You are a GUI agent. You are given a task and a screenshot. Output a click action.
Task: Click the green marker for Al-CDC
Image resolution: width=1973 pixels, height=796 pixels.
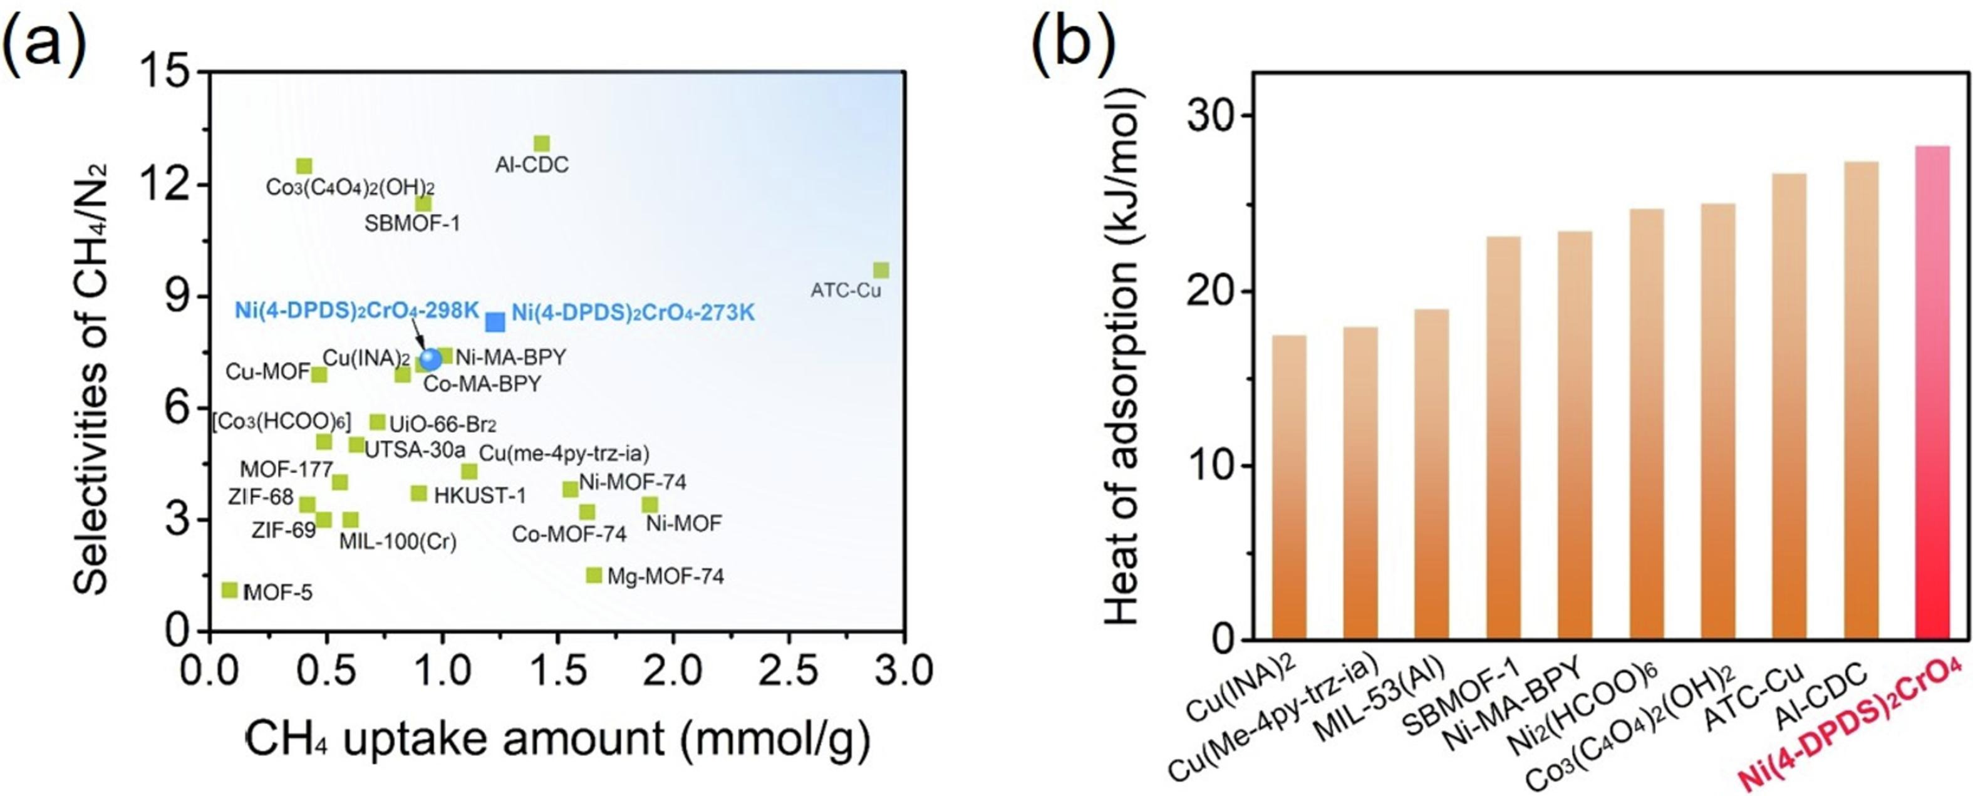coord(542,144)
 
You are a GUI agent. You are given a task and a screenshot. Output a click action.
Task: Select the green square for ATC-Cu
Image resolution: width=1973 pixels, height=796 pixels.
coord(881,271)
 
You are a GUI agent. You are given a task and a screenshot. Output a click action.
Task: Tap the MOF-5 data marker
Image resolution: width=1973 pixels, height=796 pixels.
coord(229,589)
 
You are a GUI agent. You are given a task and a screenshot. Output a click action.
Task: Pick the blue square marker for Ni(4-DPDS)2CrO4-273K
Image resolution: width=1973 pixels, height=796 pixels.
coord(495,322)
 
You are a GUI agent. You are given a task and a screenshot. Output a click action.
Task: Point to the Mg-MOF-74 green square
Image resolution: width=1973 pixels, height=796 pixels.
coord(594,574)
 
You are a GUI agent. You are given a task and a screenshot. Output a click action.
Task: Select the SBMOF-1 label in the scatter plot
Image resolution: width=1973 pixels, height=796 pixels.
coord(412,224)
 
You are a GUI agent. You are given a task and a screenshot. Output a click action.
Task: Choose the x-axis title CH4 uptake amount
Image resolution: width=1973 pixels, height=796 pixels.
coord(557,739)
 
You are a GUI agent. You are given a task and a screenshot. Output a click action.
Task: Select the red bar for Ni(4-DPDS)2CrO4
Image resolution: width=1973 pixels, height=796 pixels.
coord(1932,392)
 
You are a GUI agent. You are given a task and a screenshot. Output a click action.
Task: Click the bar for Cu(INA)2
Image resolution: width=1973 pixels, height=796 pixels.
coord(1289,487)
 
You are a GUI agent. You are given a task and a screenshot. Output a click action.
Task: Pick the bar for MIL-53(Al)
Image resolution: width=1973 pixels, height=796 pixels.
coord(1431,474)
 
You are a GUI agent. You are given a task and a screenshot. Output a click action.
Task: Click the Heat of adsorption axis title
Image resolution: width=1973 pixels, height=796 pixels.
coord(1124,357)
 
